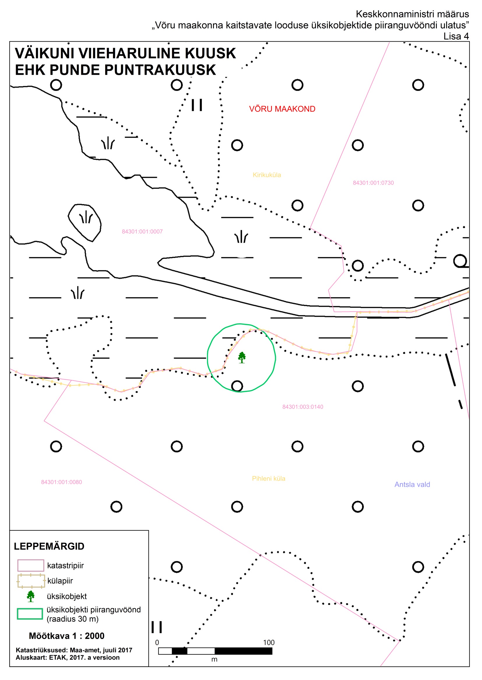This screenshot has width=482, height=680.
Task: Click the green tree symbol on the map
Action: point(242,357)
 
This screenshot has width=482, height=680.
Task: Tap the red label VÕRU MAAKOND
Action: point(282,109)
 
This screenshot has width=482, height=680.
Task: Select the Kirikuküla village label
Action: point(267,175)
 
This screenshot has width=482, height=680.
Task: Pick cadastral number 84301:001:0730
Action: point(373,183)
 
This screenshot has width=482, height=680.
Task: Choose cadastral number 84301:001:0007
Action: point(142,231)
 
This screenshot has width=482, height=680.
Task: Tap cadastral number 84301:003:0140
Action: point(303,407)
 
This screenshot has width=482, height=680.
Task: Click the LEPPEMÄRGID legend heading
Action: point(49,546)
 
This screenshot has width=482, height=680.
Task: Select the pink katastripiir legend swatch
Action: point(31,565)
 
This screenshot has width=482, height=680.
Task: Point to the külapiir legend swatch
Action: point(31,581)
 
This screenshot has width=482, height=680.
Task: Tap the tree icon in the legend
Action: point(31,596)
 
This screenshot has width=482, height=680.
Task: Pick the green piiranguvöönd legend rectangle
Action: point(30,614)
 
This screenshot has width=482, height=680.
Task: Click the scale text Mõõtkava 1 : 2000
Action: point(66,636)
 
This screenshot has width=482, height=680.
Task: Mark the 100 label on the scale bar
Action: point(269,642)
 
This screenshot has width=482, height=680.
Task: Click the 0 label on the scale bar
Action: point(157,642)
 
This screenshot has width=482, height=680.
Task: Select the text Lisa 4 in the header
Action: point(456,36)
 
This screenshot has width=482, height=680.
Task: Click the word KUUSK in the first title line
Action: point(210,53)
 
